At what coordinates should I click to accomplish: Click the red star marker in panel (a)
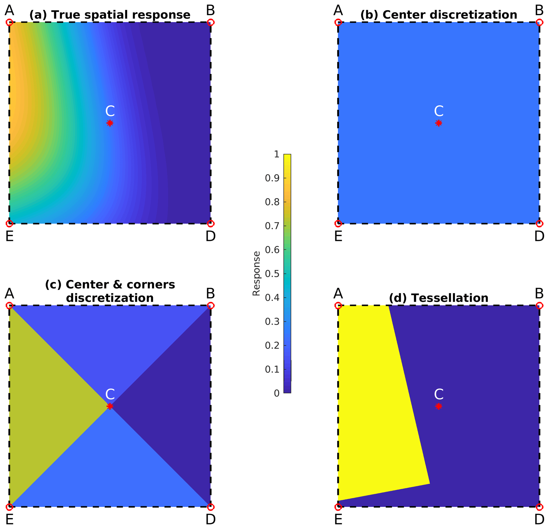pos(110,123)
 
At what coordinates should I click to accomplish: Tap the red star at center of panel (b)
pos(439,123)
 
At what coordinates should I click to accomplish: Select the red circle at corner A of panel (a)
pos(10,22)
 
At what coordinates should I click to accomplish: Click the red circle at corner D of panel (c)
pos(211,507)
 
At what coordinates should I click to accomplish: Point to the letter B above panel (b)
pos(539,11)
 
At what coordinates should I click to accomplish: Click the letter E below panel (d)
pos(338,520)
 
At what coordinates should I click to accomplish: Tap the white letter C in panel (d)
pos(439,394)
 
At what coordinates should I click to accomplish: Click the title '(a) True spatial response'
pos(110,15)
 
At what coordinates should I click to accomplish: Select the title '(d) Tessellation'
pos(439,298)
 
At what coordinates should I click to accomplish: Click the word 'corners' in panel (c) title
pos(147,284)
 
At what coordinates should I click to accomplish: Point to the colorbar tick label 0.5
pos(272,274)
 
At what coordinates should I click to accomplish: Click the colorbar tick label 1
pos(277,154)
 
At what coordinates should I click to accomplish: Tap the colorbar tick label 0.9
pos(272,178)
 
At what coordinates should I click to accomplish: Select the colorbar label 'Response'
pos(256,274)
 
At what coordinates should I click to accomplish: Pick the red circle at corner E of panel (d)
pos(338,507)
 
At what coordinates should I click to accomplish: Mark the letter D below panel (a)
pos(211,237)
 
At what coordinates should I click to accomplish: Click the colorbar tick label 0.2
pos(272,346)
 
